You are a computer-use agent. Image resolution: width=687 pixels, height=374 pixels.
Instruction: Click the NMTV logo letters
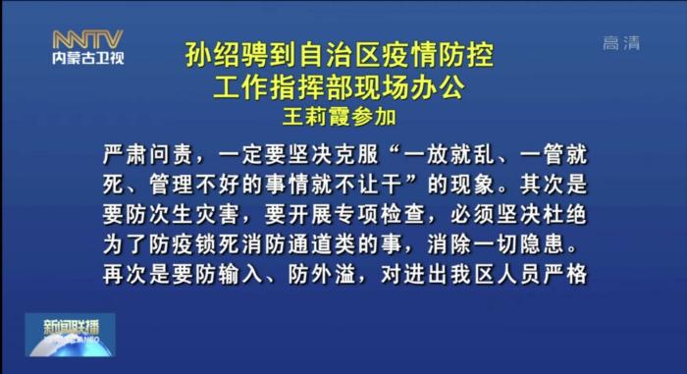pyautogui.click(x=87, y=39)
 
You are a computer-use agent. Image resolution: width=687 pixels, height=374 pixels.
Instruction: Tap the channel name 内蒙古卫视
pyautogui.click(x=87, y=58)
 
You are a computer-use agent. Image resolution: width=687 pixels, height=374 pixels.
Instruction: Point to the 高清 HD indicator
pyautogui.click(x=621, y=42)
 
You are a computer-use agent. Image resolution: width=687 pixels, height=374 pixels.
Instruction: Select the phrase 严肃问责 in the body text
pyautogui.click(x=142, y=155)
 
